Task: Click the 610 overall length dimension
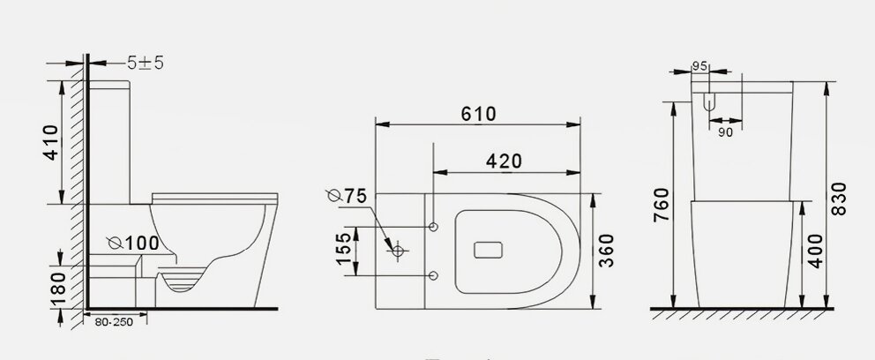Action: [477, 114]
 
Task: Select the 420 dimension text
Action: [504, 161]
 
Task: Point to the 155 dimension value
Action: [342, 251]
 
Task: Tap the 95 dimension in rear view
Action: [701, 66]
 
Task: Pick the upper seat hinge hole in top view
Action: [433, 228]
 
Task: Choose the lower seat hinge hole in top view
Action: [433, 276]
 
